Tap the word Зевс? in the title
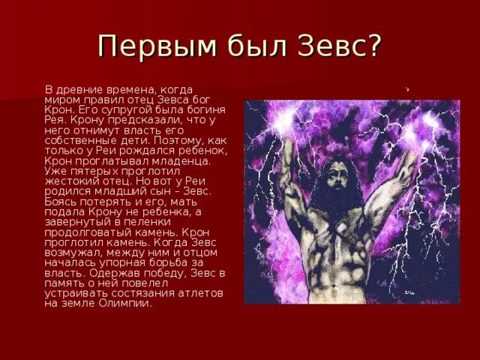pos(338,46)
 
